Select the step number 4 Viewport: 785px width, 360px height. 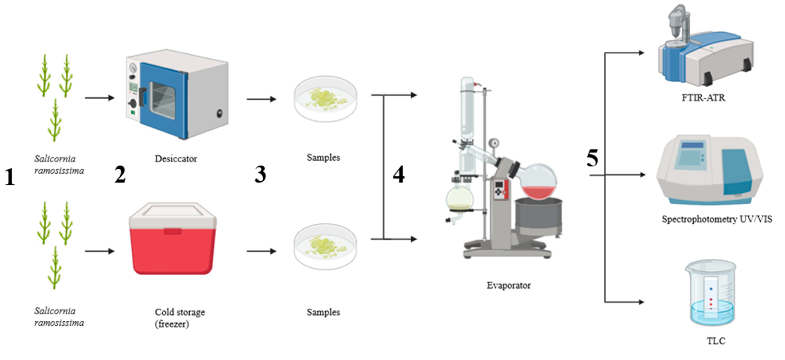click(x=399, y=174)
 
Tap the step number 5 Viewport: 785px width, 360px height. click(x=592, y=158)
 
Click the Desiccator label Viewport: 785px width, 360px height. click(x=176, y=159)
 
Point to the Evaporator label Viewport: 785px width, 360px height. click(x=508, y=285)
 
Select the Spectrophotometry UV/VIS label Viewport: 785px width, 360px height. click(x=717, y=219)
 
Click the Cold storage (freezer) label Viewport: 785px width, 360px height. click(x=180, y=318)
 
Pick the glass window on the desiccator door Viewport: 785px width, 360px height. click(x=163, y=100)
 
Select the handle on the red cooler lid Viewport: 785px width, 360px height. click(x=172, y=231)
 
